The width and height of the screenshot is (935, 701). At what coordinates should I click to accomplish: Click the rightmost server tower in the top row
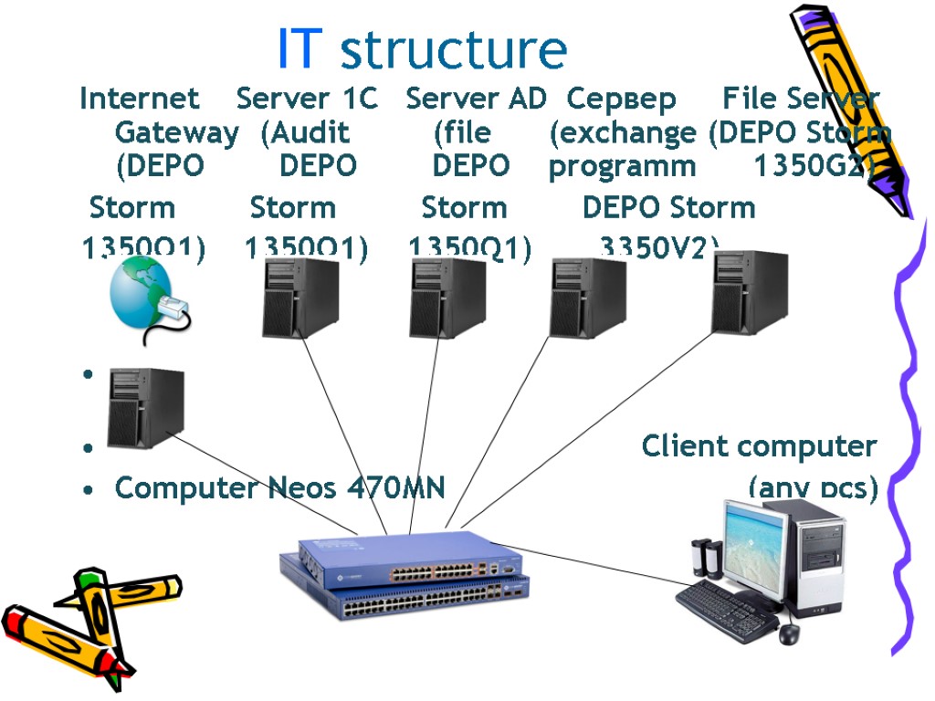point(750,291)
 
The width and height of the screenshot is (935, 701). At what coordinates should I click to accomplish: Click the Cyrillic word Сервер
point(621,99)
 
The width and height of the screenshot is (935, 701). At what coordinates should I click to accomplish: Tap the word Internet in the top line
point(139,99)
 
